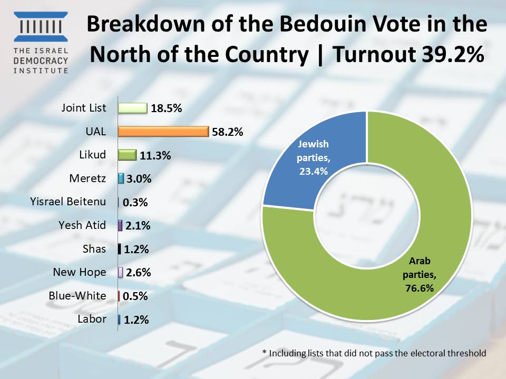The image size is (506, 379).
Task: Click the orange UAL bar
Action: point(163,132)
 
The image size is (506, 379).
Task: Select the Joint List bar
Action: point(132,108)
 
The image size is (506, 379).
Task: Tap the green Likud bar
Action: point(127,155)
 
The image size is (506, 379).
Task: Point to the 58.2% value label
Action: point(227,132)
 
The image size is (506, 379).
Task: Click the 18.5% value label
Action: point(166,109)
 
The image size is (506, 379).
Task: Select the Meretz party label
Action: point(87,178)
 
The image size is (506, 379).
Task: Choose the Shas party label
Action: point(94,249)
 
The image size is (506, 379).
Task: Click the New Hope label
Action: point(79,272)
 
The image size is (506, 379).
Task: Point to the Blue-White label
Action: point(77,296)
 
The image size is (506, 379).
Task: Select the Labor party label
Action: point(92,319)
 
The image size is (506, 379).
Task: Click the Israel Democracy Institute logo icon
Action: point(41,26)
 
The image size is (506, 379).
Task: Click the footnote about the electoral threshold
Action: point(374,353)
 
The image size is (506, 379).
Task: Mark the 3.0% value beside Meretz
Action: point(139,179)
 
